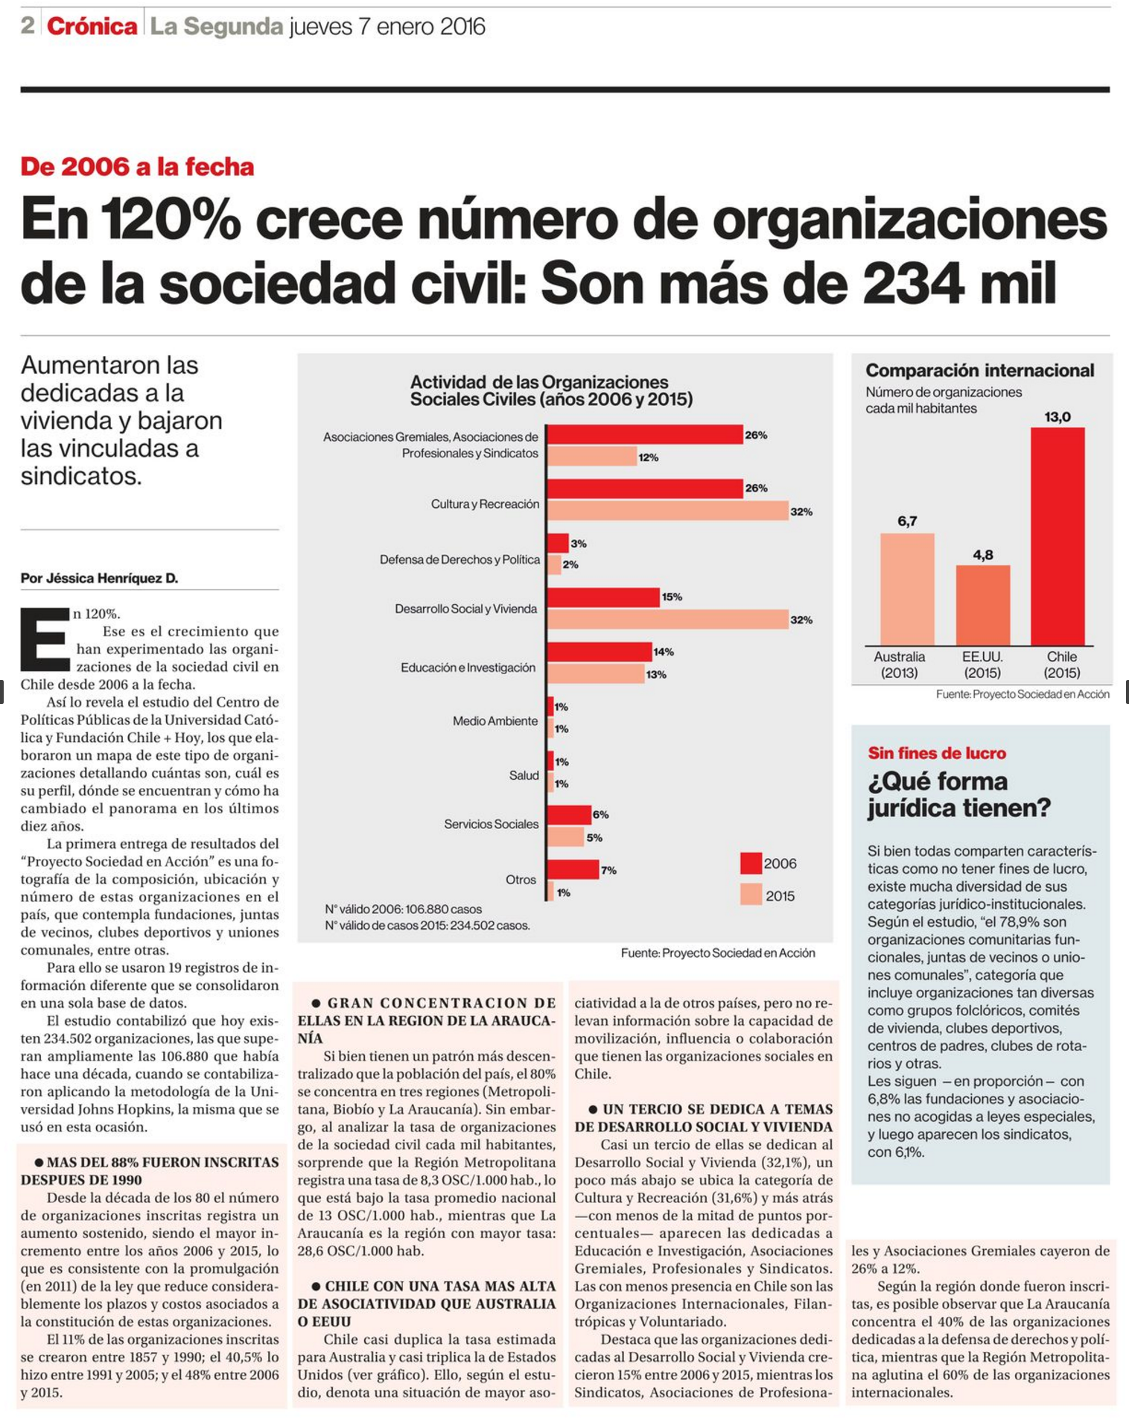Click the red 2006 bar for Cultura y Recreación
(645, 489)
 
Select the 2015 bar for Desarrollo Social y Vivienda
(668, 619)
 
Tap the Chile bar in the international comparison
(1058, 536)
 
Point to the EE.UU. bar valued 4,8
(983, 606)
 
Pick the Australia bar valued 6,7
(907, 589)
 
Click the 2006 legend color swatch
(751, 863)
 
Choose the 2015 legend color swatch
(751, 895)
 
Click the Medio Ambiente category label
(495, 721)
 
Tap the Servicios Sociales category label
(491, 824)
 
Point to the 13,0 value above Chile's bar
(1058, 417)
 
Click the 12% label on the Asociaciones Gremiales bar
(648, 457)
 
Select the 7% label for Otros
(608, 870)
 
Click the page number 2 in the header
(28, 26)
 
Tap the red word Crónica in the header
(92, 27)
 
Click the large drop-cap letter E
(45, 639)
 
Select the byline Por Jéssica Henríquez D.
(100, 578)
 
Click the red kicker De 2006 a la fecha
(137, 166)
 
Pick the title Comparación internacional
(979, 370)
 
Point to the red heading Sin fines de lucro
(937, 753)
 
